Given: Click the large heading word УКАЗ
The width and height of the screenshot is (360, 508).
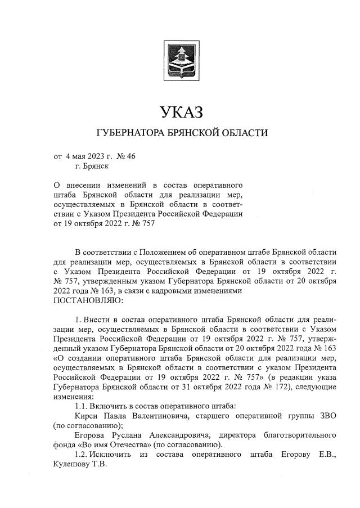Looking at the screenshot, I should tap(180, 113).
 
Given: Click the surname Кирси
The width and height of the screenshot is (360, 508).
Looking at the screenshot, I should tap(85, 416).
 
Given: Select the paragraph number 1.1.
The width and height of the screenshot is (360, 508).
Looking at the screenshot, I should tap(82, 406).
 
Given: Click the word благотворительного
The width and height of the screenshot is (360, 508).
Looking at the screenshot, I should tap(299, 435).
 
